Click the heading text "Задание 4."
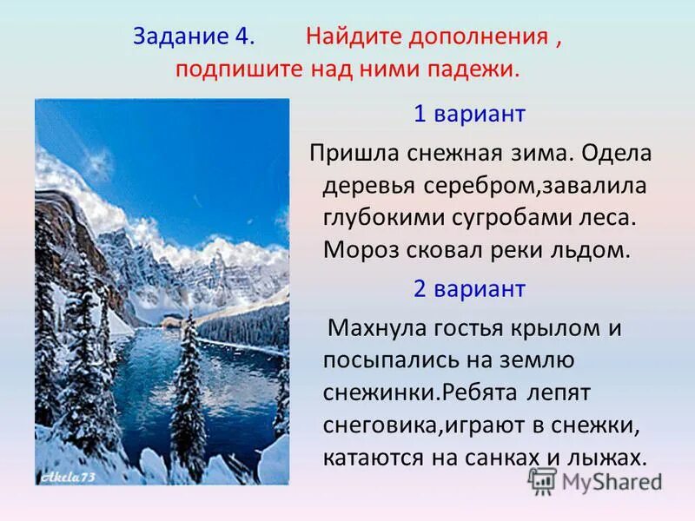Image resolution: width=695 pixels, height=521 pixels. (194, 36)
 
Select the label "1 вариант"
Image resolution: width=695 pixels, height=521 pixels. (469, 114)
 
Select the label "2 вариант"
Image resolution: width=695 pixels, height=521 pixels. (469, 288)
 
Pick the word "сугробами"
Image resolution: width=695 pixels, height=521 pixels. (496, 218)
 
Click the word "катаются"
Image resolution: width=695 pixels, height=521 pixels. (367, 457)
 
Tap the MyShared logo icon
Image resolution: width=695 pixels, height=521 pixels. (543, 480)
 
